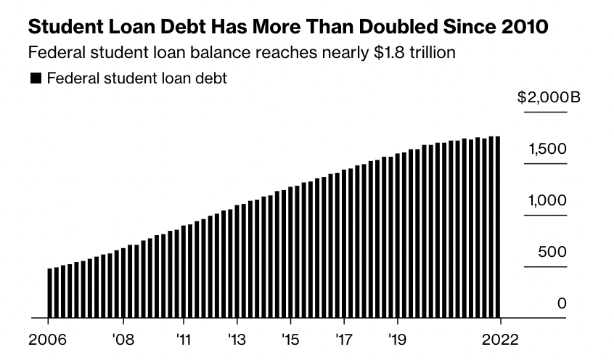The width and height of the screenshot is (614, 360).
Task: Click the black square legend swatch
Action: point(36,78)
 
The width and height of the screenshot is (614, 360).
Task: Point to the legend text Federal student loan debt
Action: point(136,78)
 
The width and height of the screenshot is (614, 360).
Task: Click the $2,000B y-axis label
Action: point(549,98)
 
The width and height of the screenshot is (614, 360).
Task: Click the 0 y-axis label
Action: point(561,303)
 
